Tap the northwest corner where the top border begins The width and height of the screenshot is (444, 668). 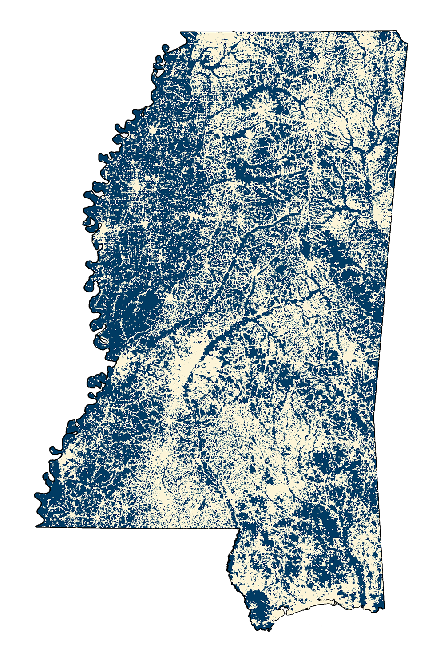click(x=180, y=32)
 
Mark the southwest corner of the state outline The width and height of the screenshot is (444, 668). click(x=36, y=527)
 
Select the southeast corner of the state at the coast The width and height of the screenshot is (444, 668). click(x=384, y=608)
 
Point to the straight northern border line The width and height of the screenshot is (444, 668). click(x=289, y=31)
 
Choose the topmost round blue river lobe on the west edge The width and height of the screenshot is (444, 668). click(x=166, y=47)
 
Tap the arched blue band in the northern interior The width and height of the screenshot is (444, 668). click(x=266, y=91)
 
